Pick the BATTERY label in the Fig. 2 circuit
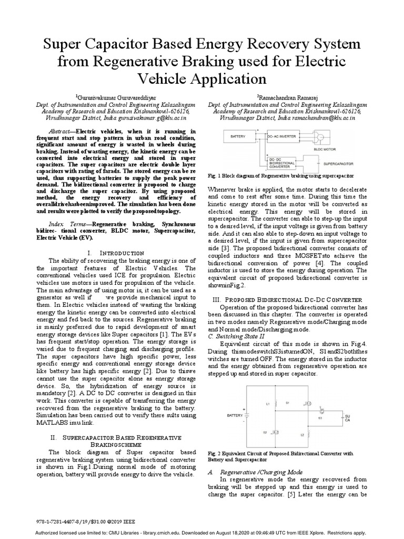235,415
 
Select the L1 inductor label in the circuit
268,404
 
